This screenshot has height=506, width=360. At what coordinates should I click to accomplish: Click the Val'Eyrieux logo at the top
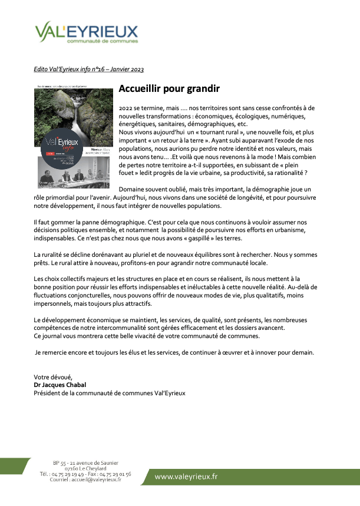tap(86, 34)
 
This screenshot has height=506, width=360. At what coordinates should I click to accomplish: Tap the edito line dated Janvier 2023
tap(88, 70)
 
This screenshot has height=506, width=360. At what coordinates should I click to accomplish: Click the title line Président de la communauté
tap(110, 392)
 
